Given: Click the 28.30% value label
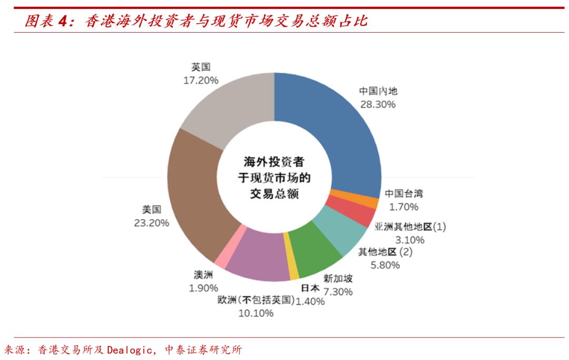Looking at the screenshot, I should coord(378,104).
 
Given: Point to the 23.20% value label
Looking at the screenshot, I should coord(152,223).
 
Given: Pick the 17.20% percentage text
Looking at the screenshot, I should coord(201,80).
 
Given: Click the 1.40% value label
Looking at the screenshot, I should coord(310,301).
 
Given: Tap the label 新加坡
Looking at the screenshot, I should coord(338,279).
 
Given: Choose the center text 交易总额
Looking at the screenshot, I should coord(274,194).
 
